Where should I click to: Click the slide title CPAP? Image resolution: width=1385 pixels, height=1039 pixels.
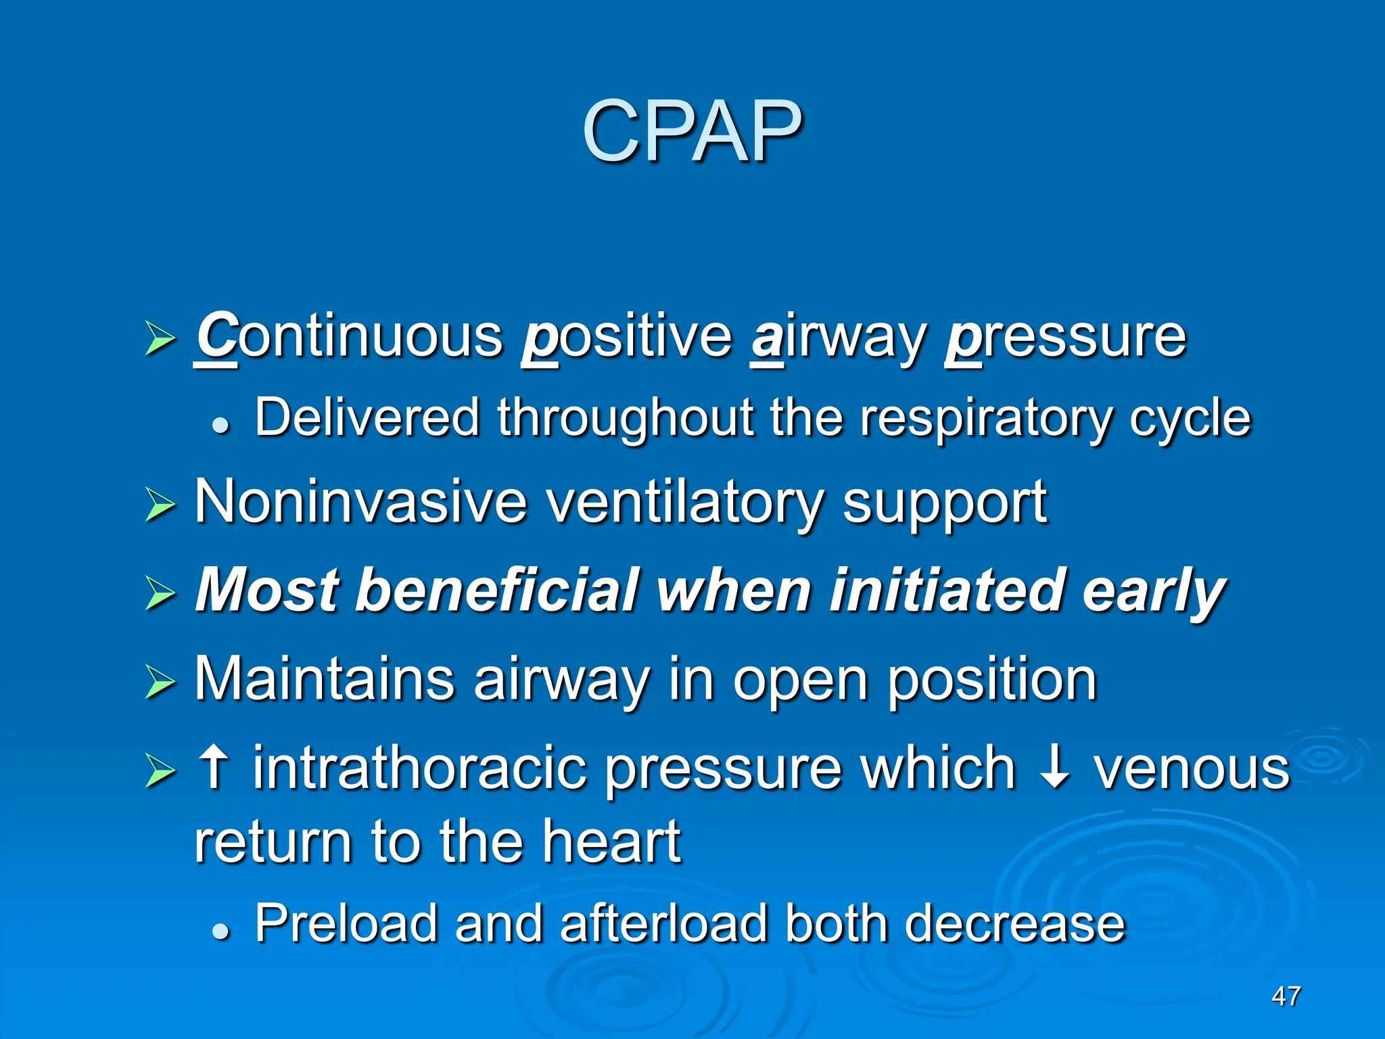692,131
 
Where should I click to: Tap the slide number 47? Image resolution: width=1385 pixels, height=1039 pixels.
1286,996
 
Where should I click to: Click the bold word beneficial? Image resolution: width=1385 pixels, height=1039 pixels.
496,590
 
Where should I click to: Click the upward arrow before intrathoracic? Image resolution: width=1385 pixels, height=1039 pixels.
214,768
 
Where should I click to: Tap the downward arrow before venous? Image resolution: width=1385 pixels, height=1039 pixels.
1054,768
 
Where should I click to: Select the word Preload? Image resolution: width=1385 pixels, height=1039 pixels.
346,924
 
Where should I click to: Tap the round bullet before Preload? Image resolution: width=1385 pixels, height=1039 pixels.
220,931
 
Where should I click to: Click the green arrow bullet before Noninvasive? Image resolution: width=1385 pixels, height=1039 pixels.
160,506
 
